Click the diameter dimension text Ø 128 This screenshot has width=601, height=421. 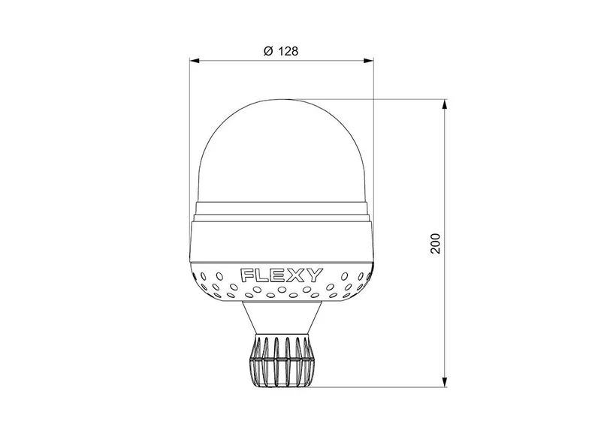coord(281,51)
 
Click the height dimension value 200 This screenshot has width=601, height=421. coord(436,243)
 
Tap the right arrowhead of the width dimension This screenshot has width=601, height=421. coord(369,60)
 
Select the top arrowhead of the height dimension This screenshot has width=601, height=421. coord(445,104)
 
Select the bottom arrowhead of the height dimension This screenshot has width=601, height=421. coord(445,382)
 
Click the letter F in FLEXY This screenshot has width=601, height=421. coord(246,275)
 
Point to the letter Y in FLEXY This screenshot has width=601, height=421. coord(315,275)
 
